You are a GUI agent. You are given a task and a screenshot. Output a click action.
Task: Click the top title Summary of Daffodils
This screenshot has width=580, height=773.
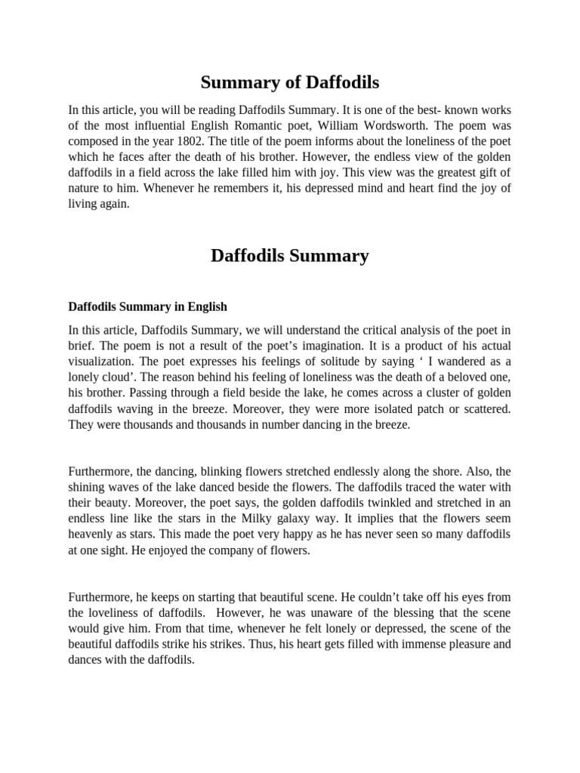click(290, 82)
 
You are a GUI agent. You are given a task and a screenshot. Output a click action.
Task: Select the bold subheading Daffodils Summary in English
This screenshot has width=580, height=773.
click(147, 307)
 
